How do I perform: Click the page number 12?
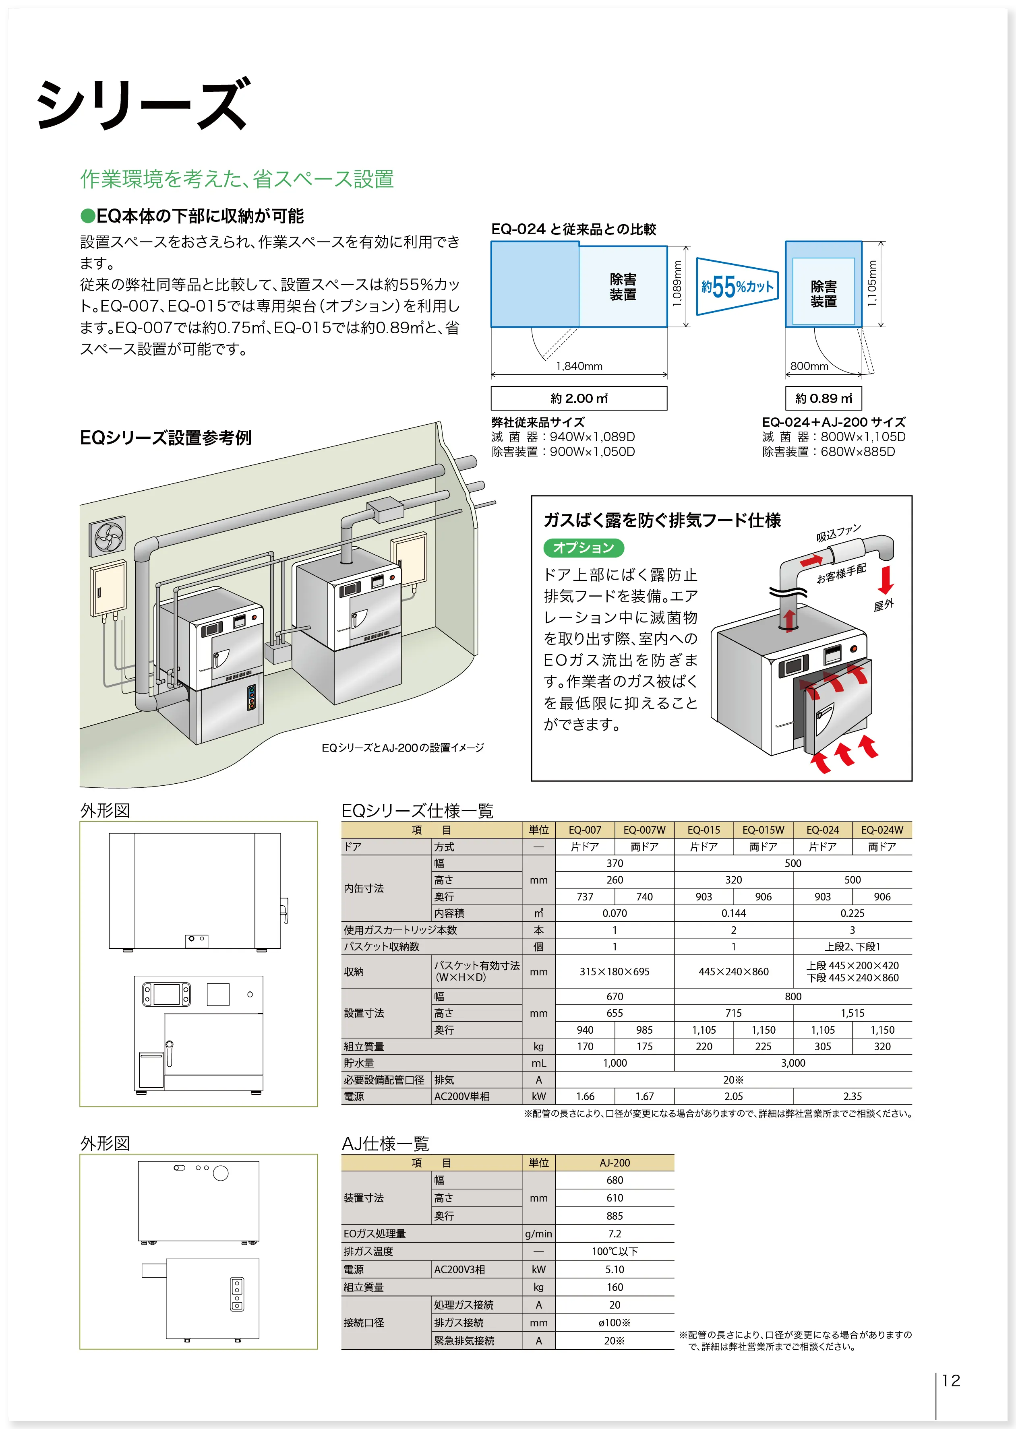[950, 1380]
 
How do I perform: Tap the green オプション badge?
[583, 548]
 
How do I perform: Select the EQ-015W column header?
[763, 830]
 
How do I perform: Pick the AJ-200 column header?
[615, 1163]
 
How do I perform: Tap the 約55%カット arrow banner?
[737, 287]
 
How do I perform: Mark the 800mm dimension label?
[809, 366]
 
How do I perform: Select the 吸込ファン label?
[838, 533]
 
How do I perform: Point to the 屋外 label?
[884, 605]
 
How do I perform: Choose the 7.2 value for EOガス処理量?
[615, 1234]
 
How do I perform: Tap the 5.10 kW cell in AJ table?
[615, 1270]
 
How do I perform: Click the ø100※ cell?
[615, 1323]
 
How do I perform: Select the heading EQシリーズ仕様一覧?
[417, 811]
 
